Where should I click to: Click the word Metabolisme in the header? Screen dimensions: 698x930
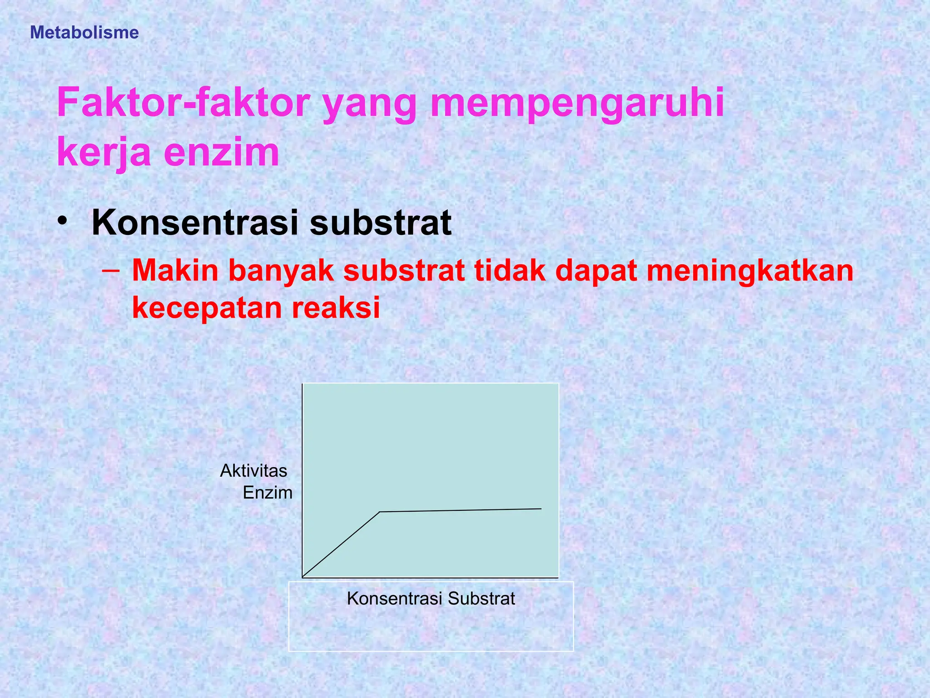click(x=84, y=33)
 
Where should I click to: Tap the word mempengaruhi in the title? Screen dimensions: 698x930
click(x=577, y=104)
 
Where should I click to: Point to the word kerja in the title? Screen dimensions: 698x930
click(x=104, y=153)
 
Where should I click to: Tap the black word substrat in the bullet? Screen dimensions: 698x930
click(x=381, y=223)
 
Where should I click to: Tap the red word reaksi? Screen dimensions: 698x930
click(x=336, y=308)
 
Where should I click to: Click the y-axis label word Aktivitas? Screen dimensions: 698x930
click(x=253, y=471)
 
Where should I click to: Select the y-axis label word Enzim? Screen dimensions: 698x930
click(x=267, y=493)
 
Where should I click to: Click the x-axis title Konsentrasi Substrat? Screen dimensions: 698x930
click(x=431, y=598)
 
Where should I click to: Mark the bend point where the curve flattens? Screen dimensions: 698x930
click(x=380, y=512)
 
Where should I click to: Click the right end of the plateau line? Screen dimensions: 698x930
click(x=541, y=509)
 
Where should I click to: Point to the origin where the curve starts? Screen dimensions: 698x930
click(x=303, y=577)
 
